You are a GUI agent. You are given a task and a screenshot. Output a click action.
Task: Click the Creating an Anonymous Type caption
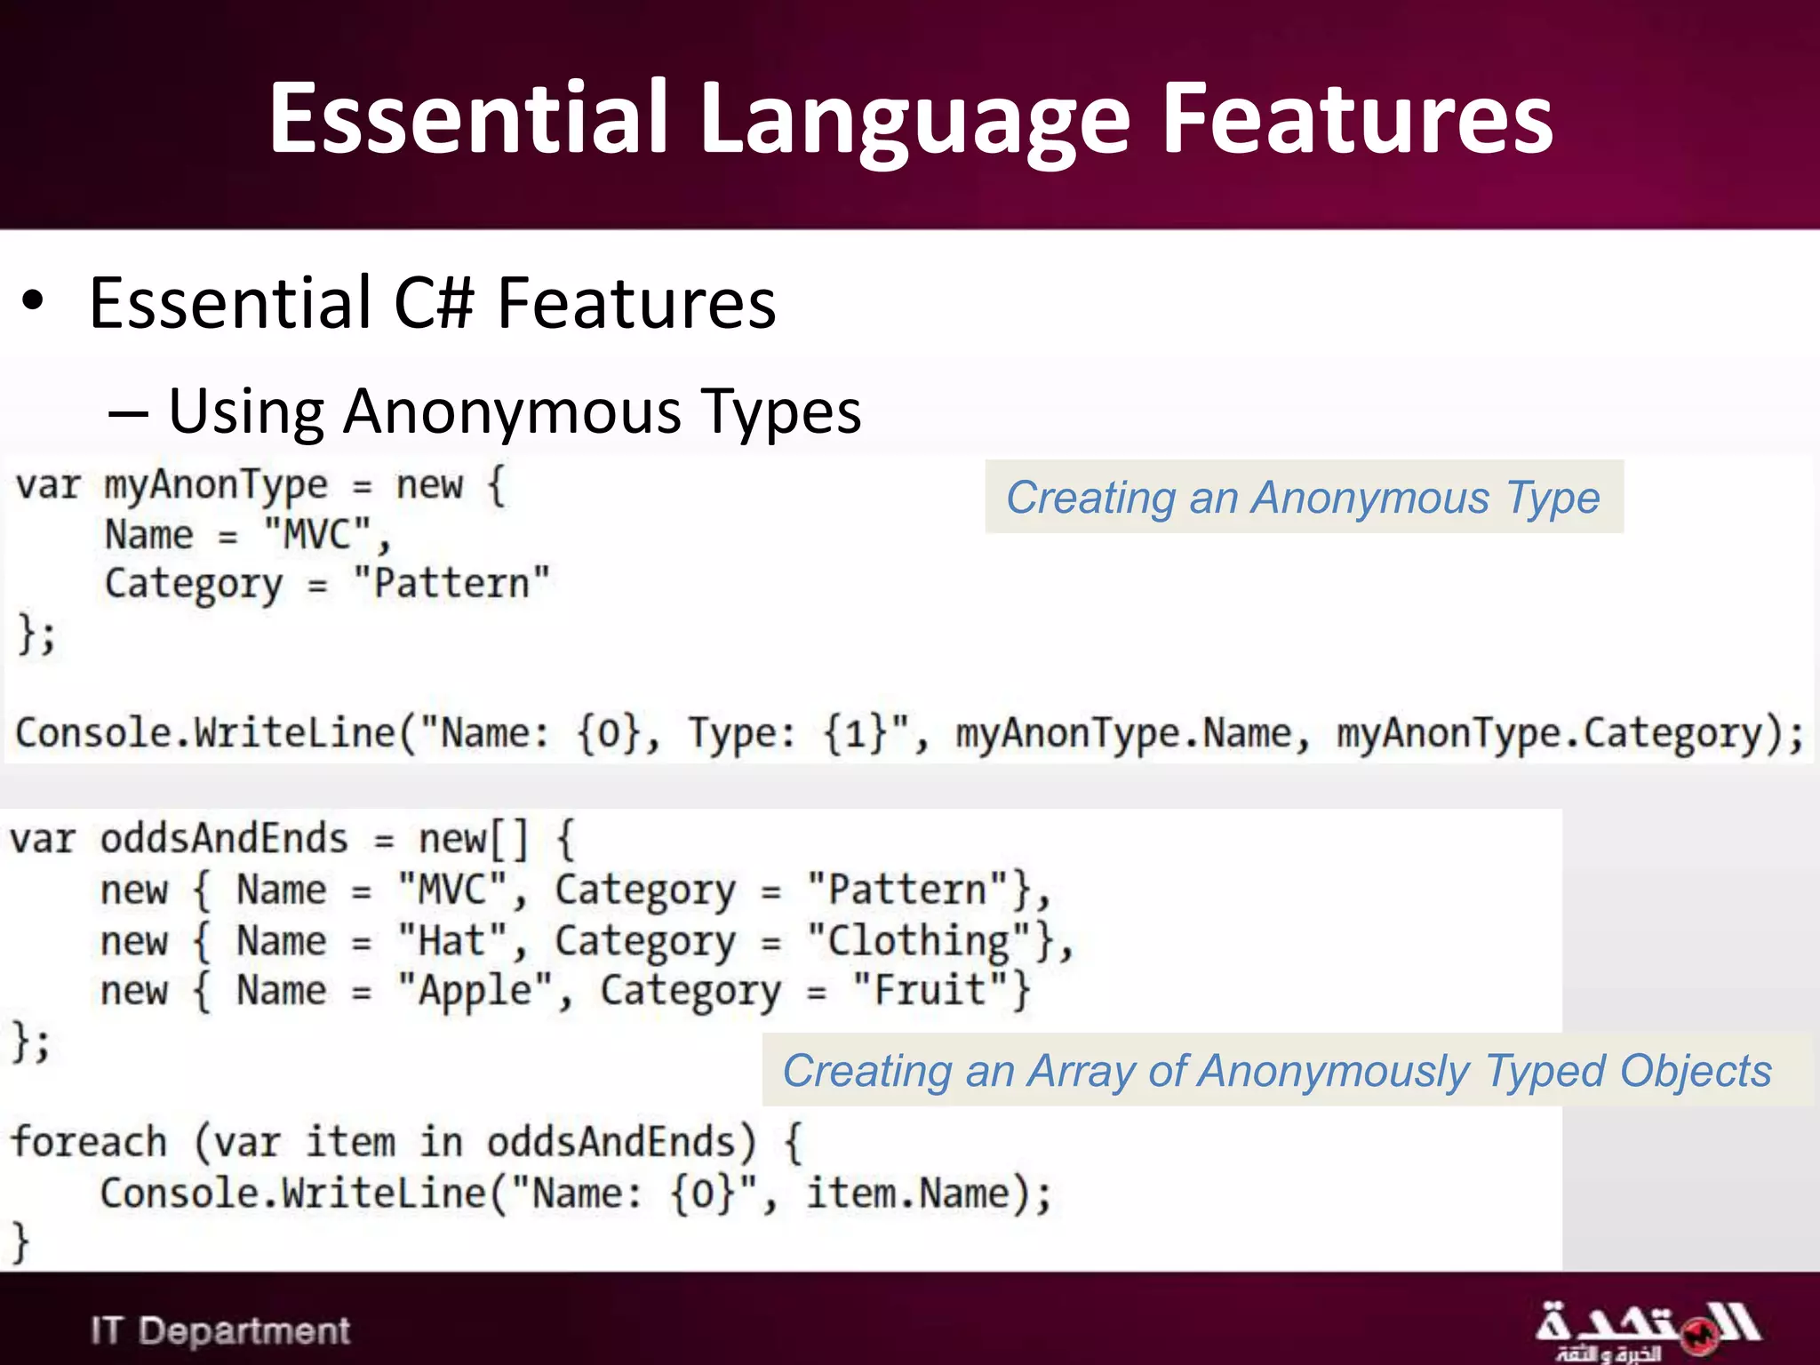[x=1303, y=497]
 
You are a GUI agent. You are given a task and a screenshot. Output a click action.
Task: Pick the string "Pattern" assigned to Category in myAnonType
[x=451, y=584]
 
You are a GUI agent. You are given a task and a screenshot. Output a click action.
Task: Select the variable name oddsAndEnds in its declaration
[x=224, y=839]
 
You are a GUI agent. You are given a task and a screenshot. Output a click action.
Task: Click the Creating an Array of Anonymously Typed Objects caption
[x=1276, y=1070]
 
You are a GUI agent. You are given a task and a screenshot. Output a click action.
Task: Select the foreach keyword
[x=89, y=1142]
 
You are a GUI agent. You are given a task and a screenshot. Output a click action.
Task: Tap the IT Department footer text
[x=220, y=1330]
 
